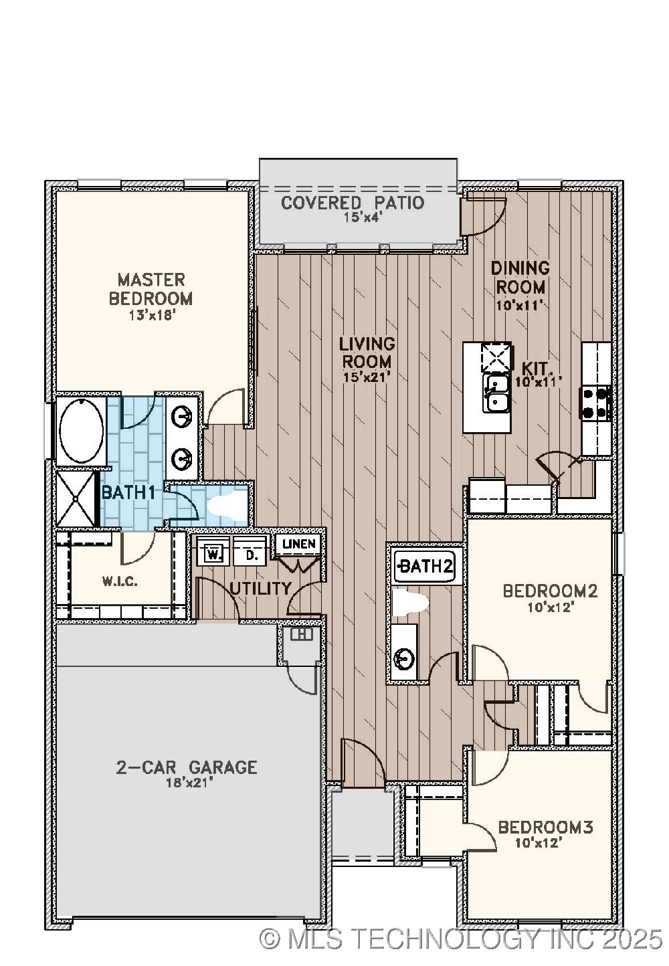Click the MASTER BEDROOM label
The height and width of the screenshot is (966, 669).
[151, 289]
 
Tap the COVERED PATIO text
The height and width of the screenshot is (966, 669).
[353, 203]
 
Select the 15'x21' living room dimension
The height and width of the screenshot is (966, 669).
[366, 377]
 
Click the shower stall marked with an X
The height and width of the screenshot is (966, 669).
[77, 498]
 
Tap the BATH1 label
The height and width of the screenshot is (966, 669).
[128, 493]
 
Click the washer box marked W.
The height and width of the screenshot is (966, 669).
[213, 554]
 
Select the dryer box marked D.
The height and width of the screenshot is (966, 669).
[251, 554]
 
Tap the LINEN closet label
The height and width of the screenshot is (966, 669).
[299, 544]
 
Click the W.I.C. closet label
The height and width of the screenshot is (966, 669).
[120, 581]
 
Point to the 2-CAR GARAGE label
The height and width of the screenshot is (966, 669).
[187, 767]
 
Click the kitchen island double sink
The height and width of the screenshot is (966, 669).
[496, 393]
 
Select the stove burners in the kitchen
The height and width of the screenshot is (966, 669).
[595, 402]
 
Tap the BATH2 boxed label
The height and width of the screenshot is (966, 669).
[425, 567]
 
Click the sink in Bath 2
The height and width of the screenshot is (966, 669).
[404, 658]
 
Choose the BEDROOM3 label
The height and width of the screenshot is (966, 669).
[545, 828]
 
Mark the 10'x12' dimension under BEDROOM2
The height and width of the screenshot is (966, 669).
[551, 607]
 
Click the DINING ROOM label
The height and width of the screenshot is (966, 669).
[520, 278]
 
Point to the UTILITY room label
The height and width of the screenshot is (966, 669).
[260, 589]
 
